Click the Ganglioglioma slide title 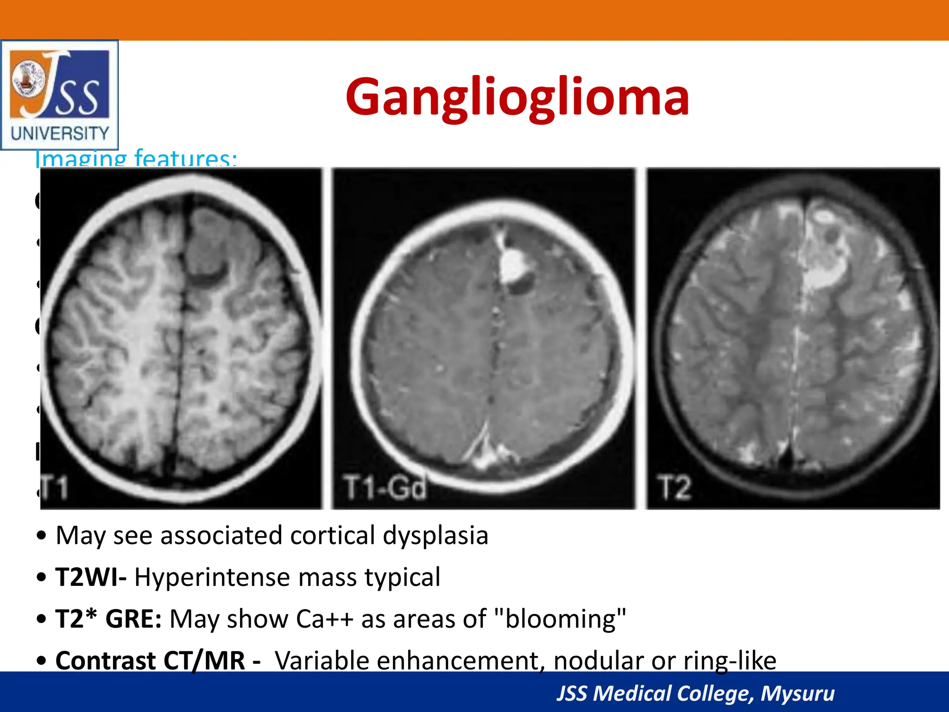coord(517,97)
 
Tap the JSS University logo coord(59,95)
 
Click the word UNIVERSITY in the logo coord(60,133)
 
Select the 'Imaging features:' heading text coord(136,159)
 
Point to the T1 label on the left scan coord(56,488)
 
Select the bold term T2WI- coord(91,577)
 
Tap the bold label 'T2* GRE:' coord(108,619)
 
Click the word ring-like coord(729,661)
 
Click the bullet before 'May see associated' coord(42,536)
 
